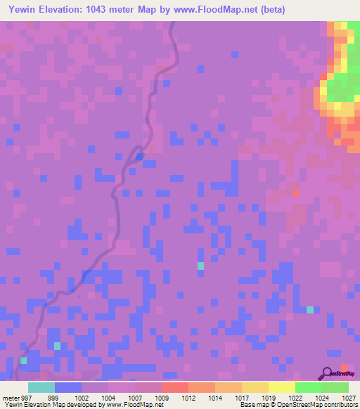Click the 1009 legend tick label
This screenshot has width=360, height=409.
(x=161, y=398)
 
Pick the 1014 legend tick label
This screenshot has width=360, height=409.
(x=215, y=398)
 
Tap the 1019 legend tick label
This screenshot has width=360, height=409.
(x=269, y=398)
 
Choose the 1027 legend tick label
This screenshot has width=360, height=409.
(x=349, y=398)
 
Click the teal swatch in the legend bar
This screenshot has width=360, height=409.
(x=41, y=387)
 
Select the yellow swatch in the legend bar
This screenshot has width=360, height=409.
(x=282, y=387)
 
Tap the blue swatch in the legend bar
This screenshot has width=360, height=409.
(x=67, y=387)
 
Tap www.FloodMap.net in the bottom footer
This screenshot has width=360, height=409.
(x=131, y=405)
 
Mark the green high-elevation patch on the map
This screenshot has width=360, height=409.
(x=340, y=88)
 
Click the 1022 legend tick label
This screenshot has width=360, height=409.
(x=296, y=398)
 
